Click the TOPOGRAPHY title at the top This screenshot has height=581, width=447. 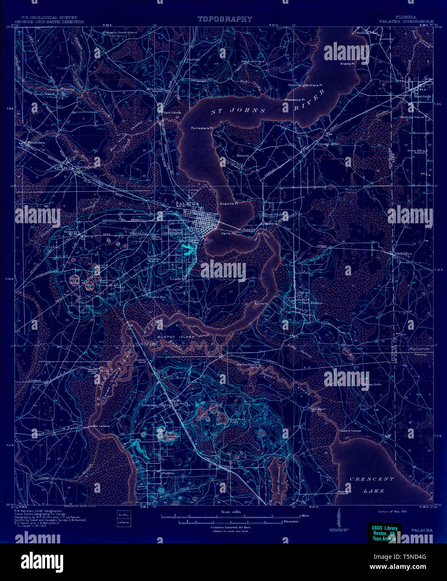tap(225, 19)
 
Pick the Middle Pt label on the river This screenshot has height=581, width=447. tap(347, 64)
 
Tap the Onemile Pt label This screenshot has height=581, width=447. tap(229, 204)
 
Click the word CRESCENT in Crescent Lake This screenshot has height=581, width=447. tap(372, 479)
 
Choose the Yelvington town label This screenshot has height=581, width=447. tap(402, 254)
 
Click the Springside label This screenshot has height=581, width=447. tap(87, 167)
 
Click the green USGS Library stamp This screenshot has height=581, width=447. tap(383, 533)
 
